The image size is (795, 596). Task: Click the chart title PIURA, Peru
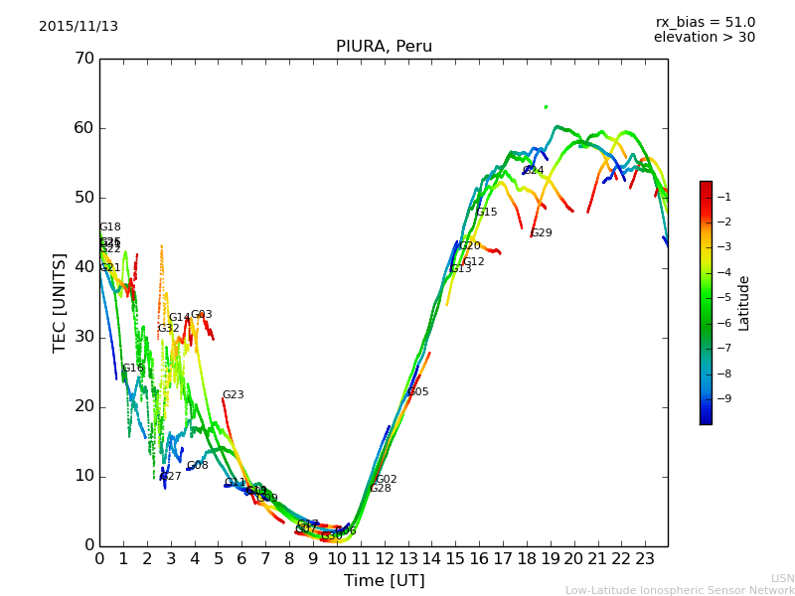pos(384,47)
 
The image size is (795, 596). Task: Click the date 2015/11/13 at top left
pos(79,27)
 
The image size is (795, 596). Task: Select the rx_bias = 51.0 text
pos(706,23)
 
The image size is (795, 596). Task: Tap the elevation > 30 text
pos(705,38)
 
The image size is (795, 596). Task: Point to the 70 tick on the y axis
pos(83,59)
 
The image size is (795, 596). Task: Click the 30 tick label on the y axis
pos(83,337)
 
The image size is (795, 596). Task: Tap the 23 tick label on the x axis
pos(645,559)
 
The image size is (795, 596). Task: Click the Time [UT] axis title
pos(384,581)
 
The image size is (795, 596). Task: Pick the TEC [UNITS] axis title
pos(60,302)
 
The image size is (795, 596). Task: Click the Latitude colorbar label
pos(744,303)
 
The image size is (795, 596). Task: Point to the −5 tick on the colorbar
pos(722,297)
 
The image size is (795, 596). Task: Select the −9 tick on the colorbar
pos(722,398)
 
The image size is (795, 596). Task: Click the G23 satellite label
pos(234,395)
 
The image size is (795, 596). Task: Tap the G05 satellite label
pos(418,392)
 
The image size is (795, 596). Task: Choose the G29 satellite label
pos(542,233)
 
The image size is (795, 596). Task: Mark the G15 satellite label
pos(487,213)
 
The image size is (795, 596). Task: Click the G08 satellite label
pos(198,466)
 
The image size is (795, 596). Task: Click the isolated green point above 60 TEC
pos(546,106)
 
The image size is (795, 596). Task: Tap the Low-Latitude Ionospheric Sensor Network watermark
pos(680,591)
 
